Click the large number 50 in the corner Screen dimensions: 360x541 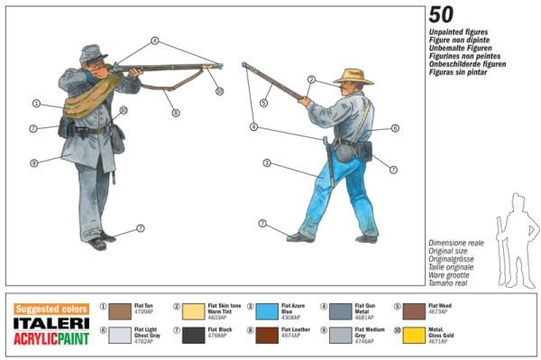[x=441, y=14]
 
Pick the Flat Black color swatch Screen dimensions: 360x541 [x=194, y=335]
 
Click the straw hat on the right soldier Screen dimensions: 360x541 [x=353, y=76]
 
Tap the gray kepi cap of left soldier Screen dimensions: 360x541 [x=92, y=53]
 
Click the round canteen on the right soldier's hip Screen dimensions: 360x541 [x=344, y=152]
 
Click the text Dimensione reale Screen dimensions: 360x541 [x=455, y=243]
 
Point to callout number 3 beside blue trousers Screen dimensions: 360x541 [x=267, y=163]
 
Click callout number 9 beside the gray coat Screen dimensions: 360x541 [x=33, y=163]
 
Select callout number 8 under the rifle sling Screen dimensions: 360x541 [x=176, y=112]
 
